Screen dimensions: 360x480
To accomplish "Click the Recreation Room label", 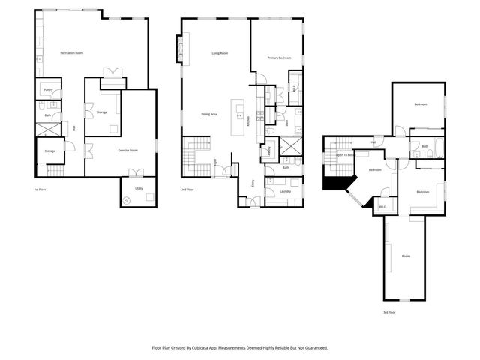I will click(x=70, y=52).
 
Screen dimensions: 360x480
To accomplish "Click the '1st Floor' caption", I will click(x=42, y=190).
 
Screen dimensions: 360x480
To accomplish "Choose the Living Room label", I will click(x=219, y=53).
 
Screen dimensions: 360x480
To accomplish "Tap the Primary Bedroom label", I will click(x=278, y=58).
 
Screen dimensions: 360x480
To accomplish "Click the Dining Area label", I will click(x=208, y=114).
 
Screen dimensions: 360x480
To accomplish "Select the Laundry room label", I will click(x=285, y=192).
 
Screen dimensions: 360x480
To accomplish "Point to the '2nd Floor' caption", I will click(x=187, y=190).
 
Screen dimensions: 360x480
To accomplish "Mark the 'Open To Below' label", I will click(x=345, y=155).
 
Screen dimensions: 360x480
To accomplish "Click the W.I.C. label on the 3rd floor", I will click(x=382, y=207).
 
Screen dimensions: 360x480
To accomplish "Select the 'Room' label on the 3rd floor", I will click(x=405, y=256).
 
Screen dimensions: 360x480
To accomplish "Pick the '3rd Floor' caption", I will click(x=388, y=312).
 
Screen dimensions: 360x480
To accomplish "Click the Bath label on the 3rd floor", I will click(x=424, y=146).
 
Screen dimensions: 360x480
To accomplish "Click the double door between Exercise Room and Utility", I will click(x=136, y=174).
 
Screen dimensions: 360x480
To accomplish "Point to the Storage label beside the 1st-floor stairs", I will click(x=49, y=151).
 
